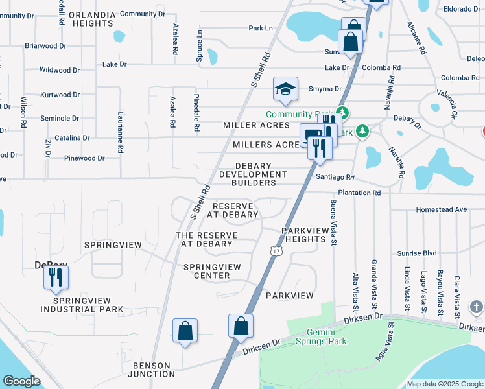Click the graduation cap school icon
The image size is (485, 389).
[285, 89]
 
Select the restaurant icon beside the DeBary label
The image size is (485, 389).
[56, 277]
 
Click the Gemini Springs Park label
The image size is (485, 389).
[321, 336]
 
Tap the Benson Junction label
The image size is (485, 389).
[151, 369]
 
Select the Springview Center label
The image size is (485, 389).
[212, 271]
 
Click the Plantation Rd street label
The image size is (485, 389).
[359, 193]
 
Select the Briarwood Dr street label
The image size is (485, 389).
[45, 46]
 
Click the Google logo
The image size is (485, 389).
[22, 381]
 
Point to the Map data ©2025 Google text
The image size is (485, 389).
[444, 384]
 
